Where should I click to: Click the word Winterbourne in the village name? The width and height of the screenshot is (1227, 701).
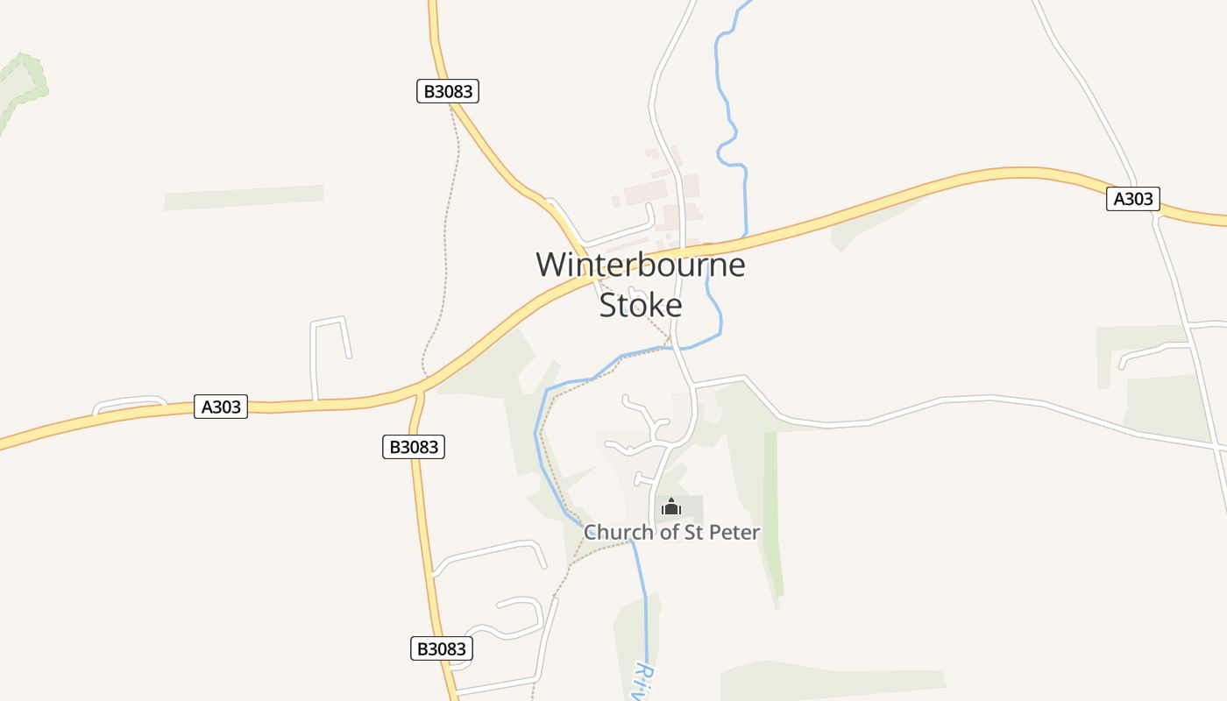(640, 265)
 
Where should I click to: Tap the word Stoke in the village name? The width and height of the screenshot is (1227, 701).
(640, 305)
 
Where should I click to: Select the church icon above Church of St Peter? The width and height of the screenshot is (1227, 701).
(671, 506)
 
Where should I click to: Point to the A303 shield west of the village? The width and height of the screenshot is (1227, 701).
(221, 407)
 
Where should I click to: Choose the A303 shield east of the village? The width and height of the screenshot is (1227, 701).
(1132, 199)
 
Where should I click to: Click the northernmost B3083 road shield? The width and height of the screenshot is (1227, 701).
(448, 91)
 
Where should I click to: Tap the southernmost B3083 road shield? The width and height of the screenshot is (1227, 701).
(442, 648)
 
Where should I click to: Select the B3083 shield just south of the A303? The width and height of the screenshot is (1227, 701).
(414, 447)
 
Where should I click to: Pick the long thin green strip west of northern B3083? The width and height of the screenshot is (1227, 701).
(244, 197)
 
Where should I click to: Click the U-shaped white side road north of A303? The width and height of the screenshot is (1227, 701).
(330, 337)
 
